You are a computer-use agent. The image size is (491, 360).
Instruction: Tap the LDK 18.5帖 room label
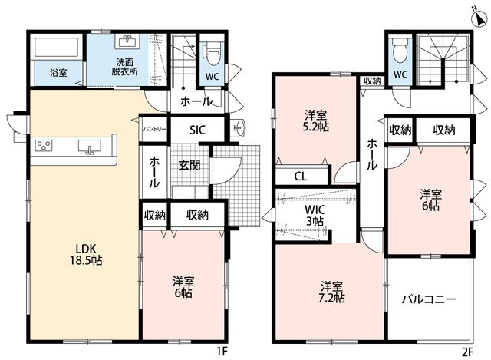click(x=85, y=254)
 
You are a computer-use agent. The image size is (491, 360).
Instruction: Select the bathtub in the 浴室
click(x=56, y=48)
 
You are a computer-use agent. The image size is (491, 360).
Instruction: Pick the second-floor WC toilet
click(x=399, y=51)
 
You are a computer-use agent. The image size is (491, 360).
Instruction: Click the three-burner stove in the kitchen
click(x=44, y=145)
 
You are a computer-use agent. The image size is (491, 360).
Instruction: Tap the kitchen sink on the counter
click(x=90, y=147)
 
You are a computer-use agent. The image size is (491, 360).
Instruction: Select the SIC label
click(x=197, y=130)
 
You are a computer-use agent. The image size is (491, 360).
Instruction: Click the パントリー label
click(x=154, y=129)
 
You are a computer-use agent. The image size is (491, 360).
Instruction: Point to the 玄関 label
click(x=189, y=165)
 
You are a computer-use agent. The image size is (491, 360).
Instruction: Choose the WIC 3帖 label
click(x=315, y=215)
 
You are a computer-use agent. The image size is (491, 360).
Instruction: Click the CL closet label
click(x=301, y=177)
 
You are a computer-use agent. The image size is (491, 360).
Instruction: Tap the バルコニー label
click(x=429, y=299)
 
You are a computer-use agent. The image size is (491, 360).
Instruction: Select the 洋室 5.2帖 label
click(x=317, y=121)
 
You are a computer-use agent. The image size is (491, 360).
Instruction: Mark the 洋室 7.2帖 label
click(x=332, y=292)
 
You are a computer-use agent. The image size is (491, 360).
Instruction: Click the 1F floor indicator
click(x=222, y=352)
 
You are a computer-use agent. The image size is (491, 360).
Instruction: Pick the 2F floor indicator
click(x=467, y=352)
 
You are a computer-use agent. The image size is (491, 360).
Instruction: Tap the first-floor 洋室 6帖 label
click(x=183, y=287)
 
